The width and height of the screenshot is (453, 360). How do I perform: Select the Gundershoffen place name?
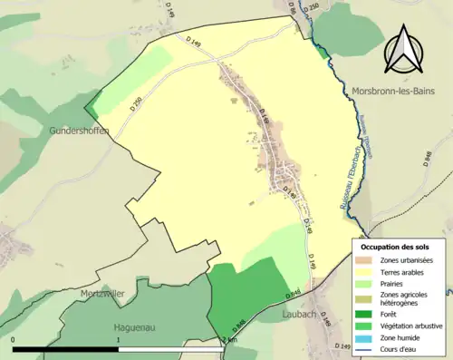(80, 131)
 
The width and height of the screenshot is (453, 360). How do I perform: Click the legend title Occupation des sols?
(397, 247)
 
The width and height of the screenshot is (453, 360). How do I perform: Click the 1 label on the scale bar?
(119, 339)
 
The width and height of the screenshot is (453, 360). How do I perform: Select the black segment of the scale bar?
(65, 348)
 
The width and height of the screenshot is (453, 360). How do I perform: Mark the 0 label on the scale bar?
(14, 339)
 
